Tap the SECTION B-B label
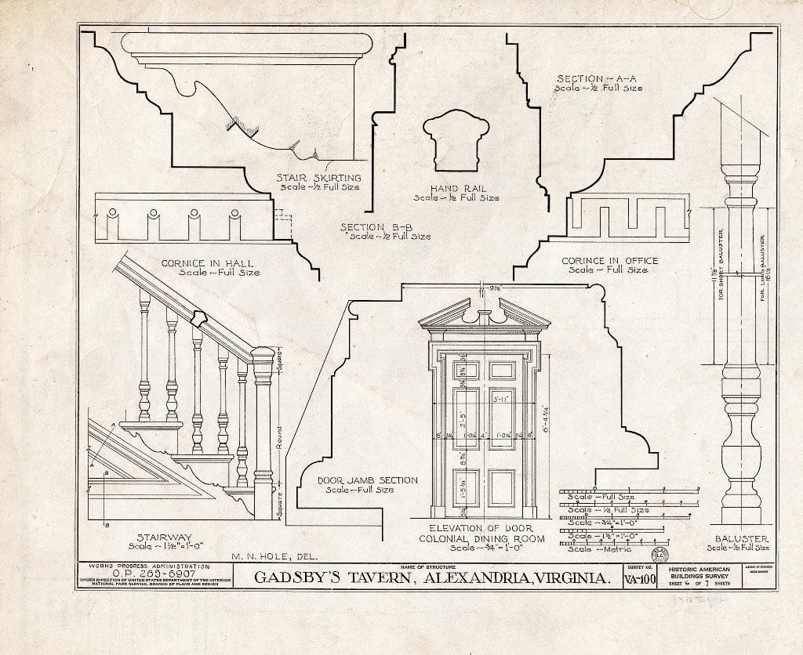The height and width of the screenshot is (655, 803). pyautogui.click(x=371, y=227)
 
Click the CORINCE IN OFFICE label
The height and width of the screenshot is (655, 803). pyautogui.click(x=609, y=260)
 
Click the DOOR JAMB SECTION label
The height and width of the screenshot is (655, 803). pyautogui.click(x=367, y=480)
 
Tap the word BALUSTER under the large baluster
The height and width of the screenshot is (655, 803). pyautogui.click(x=741, y=539)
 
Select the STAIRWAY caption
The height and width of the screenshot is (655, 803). pyautogui.click(x=161, y=537)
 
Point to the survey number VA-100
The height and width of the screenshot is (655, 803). pyautogui.click(x=640, y=580)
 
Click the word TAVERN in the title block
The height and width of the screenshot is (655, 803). pyautogui.click(x=379, y=579)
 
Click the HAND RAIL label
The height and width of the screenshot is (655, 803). pyautogui.click(x=458, y=188)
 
